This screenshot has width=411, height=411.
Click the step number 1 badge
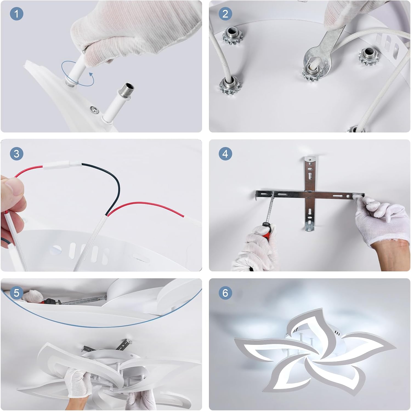(x=16, y=14)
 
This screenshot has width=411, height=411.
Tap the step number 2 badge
(x=225, y=14)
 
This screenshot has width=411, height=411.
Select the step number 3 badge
(x=16, y=154)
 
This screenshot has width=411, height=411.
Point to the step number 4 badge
(x=225, y=154)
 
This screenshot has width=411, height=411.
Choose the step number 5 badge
(x=16, y=293)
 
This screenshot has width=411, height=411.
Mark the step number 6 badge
(x=225, y=293)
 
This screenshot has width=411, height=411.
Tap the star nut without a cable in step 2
(x=369, y=56)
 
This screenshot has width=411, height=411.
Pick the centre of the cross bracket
(x=310, y=194)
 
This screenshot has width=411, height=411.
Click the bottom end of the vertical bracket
(x=310, y=229)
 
